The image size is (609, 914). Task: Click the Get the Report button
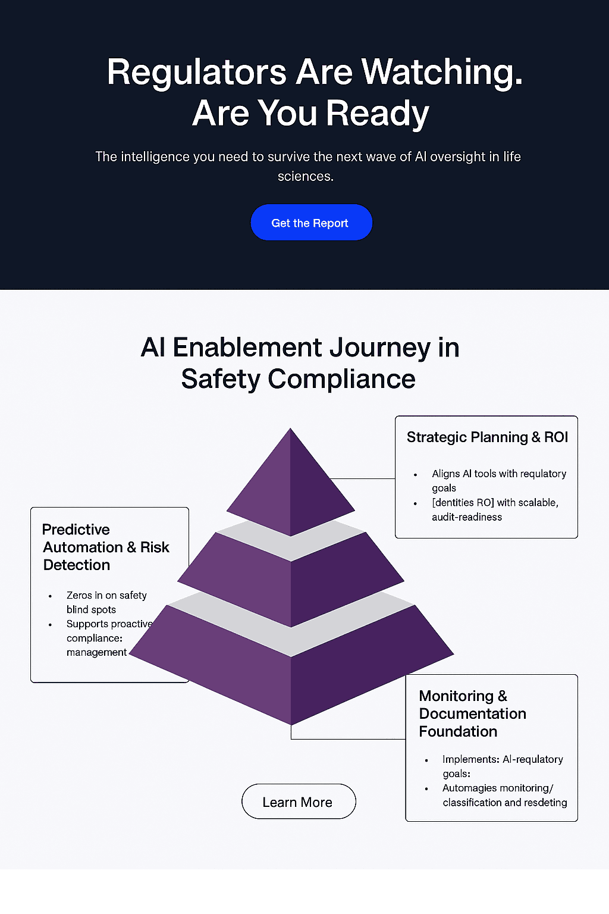click(x=311, y=223)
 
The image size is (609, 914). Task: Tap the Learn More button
click(x=299, y=801)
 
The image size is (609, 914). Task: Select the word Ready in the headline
click(x=377, y=114)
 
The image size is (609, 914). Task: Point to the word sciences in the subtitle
click(x=306, y=176)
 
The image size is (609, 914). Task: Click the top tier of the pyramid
click(x=290, y=482)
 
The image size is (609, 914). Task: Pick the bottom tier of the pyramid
click(x=291, y=665)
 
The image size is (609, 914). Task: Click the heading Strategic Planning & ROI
click(x=487, y=437)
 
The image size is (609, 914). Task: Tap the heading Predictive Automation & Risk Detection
click(x=106, y=547)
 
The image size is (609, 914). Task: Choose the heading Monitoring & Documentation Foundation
click(x=472, y=713)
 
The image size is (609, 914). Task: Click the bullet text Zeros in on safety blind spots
click(x=106, y=602)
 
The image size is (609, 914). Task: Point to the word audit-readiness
click(x=467, y=517)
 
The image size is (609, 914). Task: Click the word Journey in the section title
click(x=380, y=348)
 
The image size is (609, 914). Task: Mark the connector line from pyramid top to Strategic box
click(x=362, y=478)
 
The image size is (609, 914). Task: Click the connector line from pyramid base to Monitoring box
click(x=349, y=738)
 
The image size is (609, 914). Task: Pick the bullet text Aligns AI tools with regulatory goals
click(x=499, y=481)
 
